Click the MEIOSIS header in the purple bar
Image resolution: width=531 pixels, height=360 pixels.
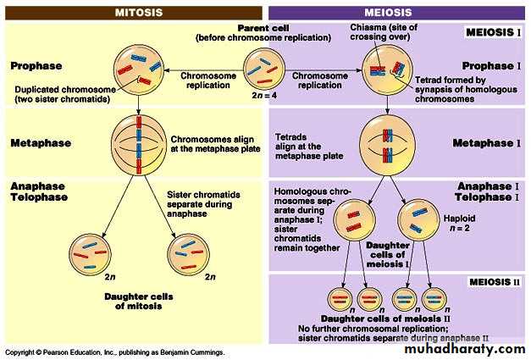click(x=398, y=13)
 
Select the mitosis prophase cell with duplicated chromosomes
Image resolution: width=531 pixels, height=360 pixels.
click(x=138, y=67)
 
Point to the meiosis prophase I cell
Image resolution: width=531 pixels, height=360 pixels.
click(x=387, y=69)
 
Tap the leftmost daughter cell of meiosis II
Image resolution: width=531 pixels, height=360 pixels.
click(x=339, y=298)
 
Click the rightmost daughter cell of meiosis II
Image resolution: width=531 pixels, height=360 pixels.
click(x=434, y=298)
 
